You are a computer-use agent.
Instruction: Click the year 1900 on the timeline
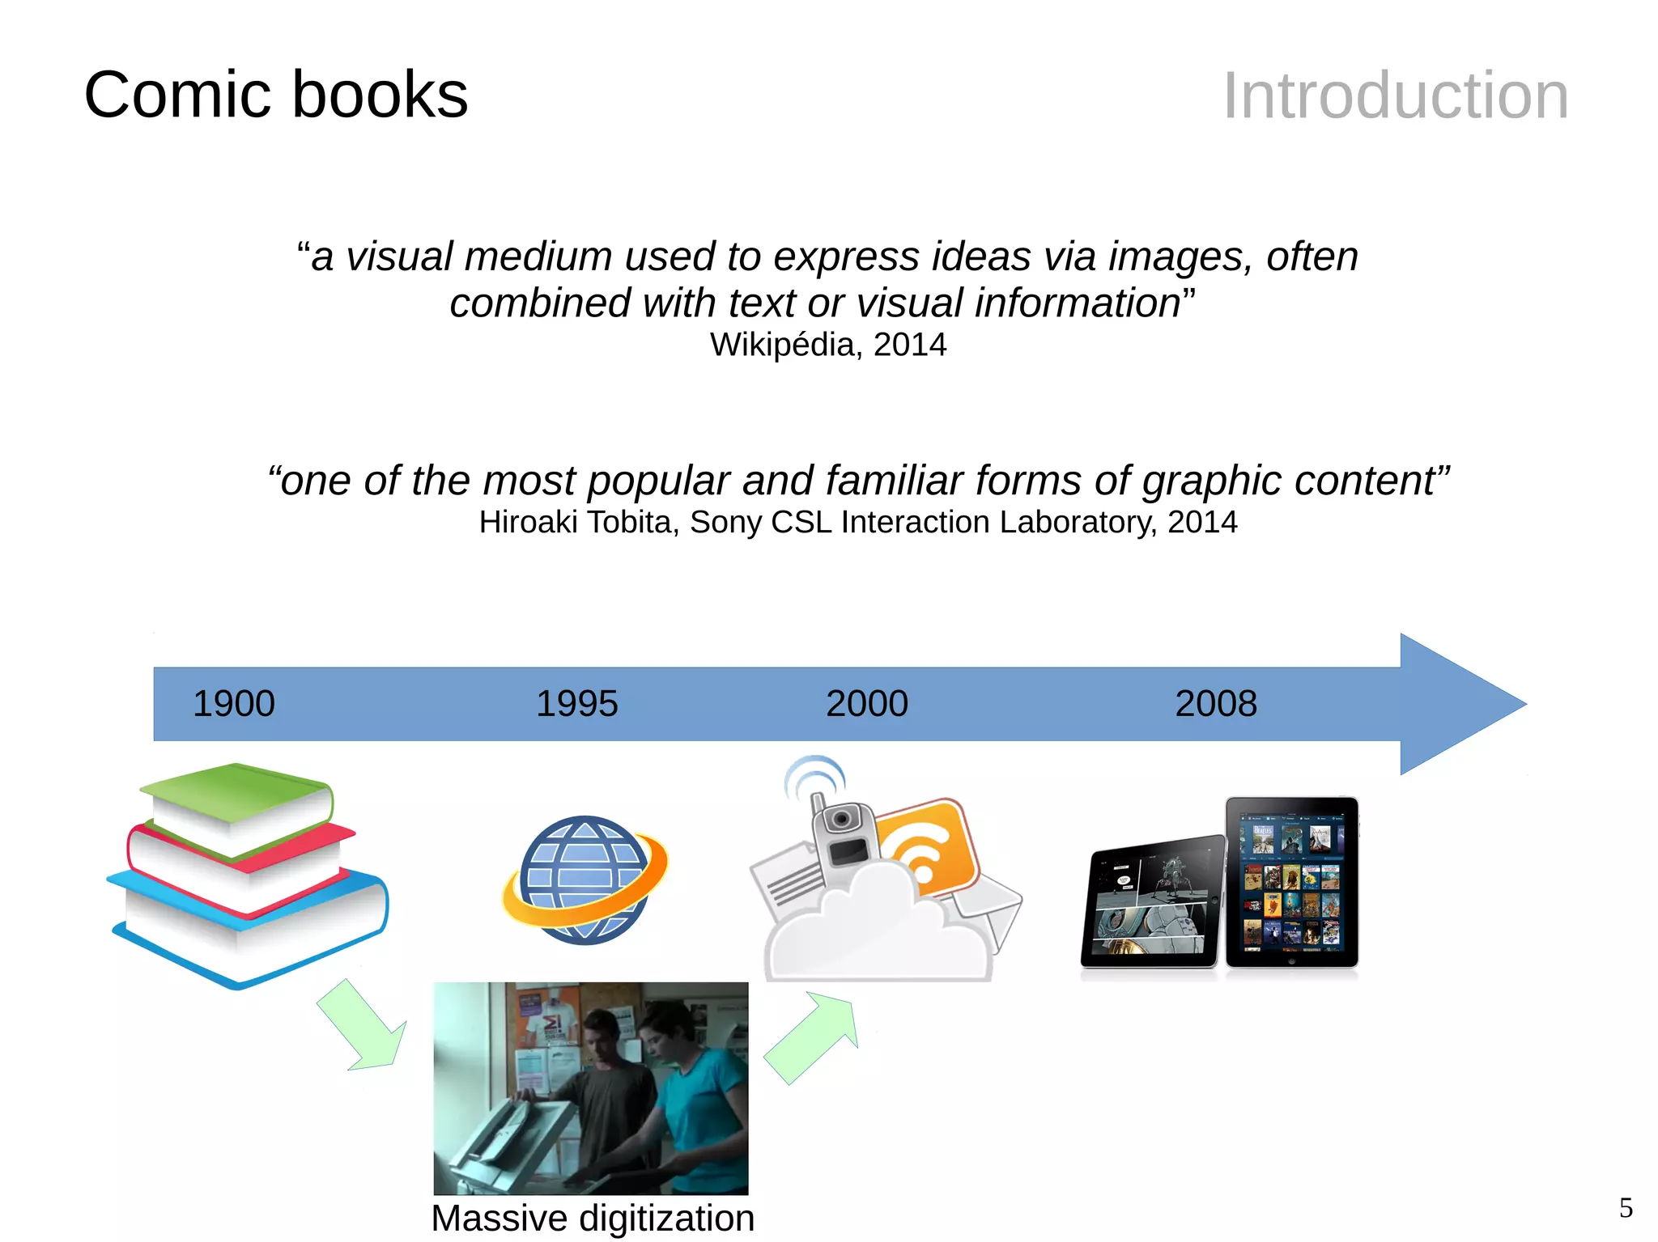tap(234, 703)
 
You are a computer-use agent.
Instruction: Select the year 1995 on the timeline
tap(576, 703)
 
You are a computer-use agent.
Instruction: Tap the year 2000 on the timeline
tap(866, 703)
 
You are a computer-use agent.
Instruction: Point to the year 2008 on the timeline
tap(1216, 703)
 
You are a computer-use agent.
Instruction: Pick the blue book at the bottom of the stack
tap(251, 930)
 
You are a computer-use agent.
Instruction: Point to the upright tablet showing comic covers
tap(1291, 882)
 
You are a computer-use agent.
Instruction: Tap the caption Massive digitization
tap(593, 1218)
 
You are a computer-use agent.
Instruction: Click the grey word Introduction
tap(1395, 95)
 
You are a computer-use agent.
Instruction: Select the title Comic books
tap(276, 95)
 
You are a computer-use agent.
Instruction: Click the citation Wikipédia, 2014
tap(828, 345)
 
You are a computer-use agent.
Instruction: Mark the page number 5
tap(1626, 1208)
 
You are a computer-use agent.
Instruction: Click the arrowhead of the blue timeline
tap(1449, 704)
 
